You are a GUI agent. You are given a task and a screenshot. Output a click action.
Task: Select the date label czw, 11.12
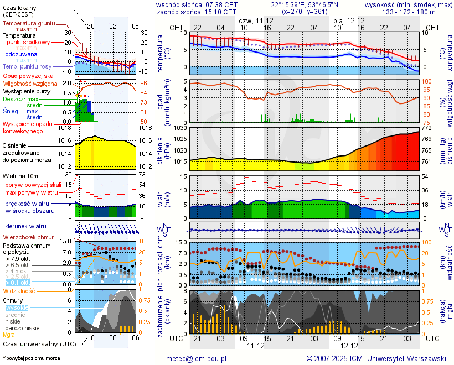(x=255, y=20)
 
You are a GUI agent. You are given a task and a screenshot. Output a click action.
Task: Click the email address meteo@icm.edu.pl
(x=197, y=358)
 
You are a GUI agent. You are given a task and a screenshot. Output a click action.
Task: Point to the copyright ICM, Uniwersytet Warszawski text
(x=376, y=358)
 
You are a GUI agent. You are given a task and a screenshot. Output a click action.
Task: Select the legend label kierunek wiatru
(x=25, y=227)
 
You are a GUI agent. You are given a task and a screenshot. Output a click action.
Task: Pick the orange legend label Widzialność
(x=19, y=290)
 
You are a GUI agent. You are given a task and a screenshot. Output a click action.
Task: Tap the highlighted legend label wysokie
(x=16, y=307)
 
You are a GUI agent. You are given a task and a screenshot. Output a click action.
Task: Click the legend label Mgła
(x=9, y=335)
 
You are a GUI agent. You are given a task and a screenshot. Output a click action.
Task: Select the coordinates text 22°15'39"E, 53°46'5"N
(x=305, y=4)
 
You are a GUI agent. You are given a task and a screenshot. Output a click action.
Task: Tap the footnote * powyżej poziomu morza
(x=31, y=358)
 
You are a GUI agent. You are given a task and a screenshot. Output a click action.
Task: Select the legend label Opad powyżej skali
(x=29, y=76)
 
